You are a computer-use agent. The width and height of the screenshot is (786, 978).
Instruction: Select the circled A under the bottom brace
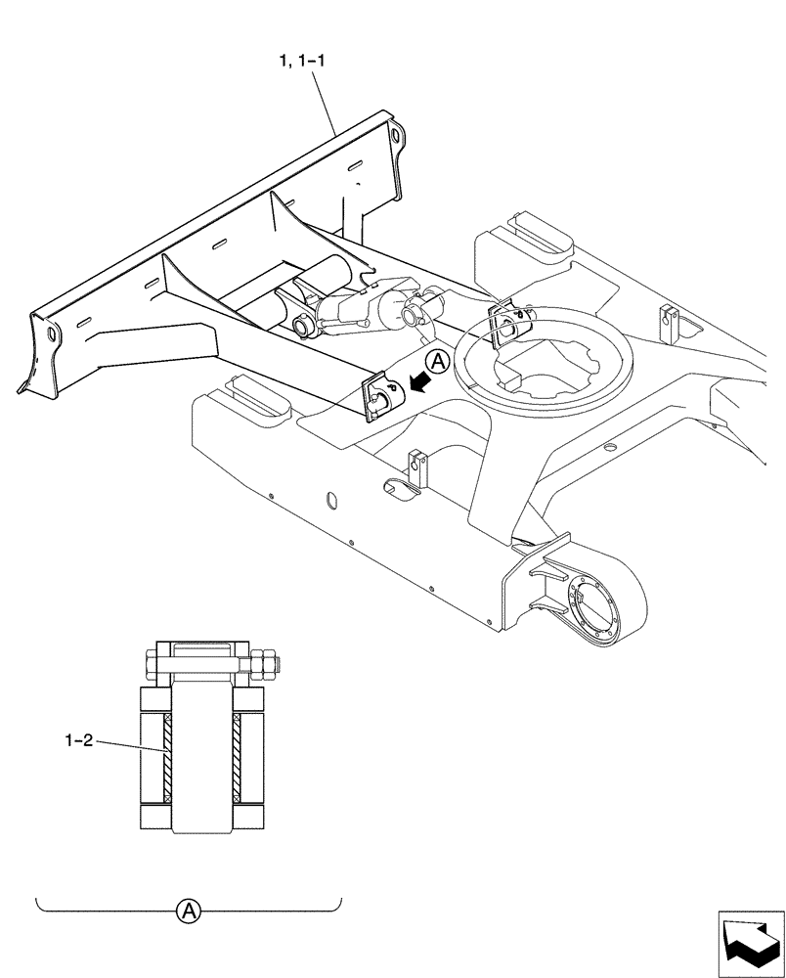[x=188, y=912]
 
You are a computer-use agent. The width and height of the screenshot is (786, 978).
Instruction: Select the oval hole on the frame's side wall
[x=330, y=501]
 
